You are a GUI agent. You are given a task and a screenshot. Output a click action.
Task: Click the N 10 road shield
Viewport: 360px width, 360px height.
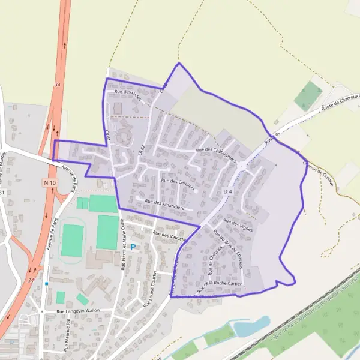[50, 182]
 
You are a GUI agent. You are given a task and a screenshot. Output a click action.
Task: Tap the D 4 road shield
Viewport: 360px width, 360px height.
[227, 191]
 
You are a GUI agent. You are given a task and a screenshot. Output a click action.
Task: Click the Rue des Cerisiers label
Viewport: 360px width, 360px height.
[178, 183]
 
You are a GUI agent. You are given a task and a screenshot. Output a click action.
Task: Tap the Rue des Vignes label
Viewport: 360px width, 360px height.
[238, 225]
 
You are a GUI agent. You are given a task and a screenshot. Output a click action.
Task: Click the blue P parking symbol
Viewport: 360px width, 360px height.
[133, 247]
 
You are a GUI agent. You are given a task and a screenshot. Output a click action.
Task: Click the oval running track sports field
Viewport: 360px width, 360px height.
[72, 240]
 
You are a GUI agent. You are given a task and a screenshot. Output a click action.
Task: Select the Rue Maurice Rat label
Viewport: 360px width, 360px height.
[70, 330]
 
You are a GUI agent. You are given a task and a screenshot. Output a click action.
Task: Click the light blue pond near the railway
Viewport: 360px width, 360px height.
[251, 326]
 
